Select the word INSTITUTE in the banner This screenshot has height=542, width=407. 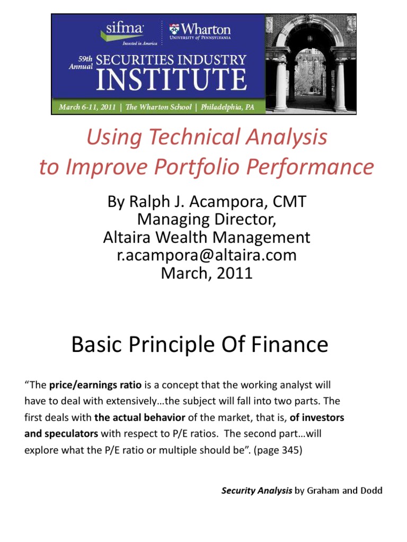point(172,80)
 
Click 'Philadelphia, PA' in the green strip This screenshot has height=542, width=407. point(228,107)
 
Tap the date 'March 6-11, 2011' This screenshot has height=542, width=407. point(87,107)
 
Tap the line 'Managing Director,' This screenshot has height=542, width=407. point(206,219)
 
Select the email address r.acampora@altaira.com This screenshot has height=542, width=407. point(206,255)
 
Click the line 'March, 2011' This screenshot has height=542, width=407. point(206,273)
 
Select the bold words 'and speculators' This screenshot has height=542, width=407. point(61,433)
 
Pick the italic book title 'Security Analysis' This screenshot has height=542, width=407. point(256,491)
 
